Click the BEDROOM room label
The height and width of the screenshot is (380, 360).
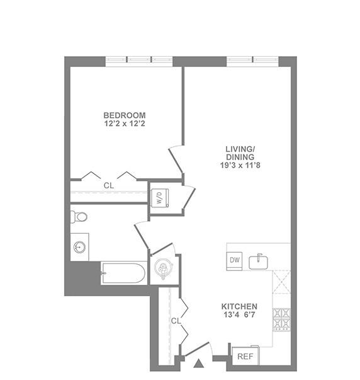click(x=125, y=115)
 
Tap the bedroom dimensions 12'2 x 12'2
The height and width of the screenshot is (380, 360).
click(x=125, y=124)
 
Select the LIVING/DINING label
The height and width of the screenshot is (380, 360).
click(x=240, y=153)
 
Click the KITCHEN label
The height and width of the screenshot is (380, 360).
click(x=239, y=306)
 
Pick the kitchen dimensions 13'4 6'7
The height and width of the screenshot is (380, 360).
click(x=239, y=316)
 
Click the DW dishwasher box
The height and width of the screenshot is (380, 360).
click(x=234, y=260)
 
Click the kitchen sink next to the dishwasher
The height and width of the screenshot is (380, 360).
click(x=259, y=262)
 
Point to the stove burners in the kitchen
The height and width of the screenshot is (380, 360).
click(x=281, y=320)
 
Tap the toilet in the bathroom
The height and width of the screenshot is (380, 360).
click(x=79, y=217)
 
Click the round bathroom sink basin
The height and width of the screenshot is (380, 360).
click(x=80, y=247)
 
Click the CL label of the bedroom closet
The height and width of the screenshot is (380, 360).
click(x=109, y=185)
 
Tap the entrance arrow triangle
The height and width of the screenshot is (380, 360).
click(x=200, y=363)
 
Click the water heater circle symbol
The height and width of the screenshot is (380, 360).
click(x=162, y=270)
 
